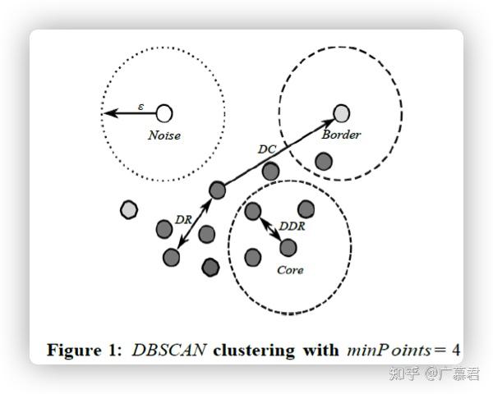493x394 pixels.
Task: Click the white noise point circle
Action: pos(164,112)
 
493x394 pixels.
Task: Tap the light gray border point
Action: pos(341,112)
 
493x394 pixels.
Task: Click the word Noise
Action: pos(164,135)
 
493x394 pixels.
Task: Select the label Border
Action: pos(341,134)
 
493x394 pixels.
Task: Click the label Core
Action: pos(289,269)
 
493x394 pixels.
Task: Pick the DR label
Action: pos(184,219)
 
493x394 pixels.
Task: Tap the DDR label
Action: pos(292,226)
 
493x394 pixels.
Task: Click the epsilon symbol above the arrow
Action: pos(141,106)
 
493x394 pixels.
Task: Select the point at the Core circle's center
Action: pos(288,246)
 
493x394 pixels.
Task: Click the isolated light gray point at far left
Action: pos(129,209)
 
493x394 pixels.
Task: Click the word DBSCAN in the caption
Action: pos(168,350)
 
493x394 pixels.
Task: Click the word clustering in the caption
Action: pos(252,350)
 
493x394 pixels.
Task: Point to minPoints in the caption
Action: pos(384,350)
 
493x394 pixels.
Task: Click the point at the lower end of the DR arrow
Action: pos(171,258)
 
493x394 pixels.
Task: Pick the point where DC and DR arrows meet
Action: pos(217,190)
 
